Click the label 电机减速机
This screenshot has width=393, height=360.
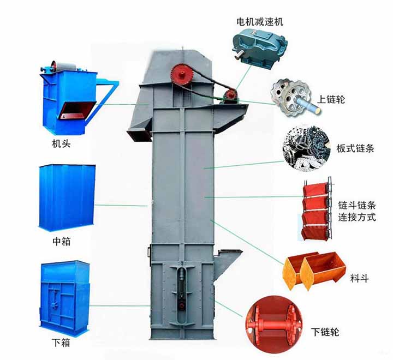(260, 21)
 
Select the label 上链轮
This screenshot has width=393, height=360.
(331, 99)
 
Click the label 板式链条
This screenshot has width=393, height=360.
(355, 148)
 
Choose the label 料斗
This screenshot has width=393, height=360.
(359, 278)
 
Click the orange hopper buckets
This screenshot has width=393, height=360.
(314, 271)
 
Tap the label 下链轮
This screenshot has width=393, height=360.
(325, 332)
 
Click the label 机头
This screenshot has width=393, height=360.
(61, 144)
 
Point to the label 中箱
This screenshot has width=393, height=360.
(61, 241)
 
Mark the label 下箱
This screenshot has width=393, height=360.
(61, 342)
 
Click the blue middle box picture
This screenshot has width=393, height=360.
(67, 197)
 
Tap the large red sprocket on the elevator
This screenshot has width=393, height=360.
(181, 74)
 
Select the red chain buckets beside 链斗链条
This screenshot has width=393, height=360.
(317, 209)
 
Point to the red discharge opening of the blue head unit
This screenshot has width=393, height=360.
(78, 110)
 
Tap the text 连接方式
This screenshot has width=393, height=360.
(357, 217)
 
